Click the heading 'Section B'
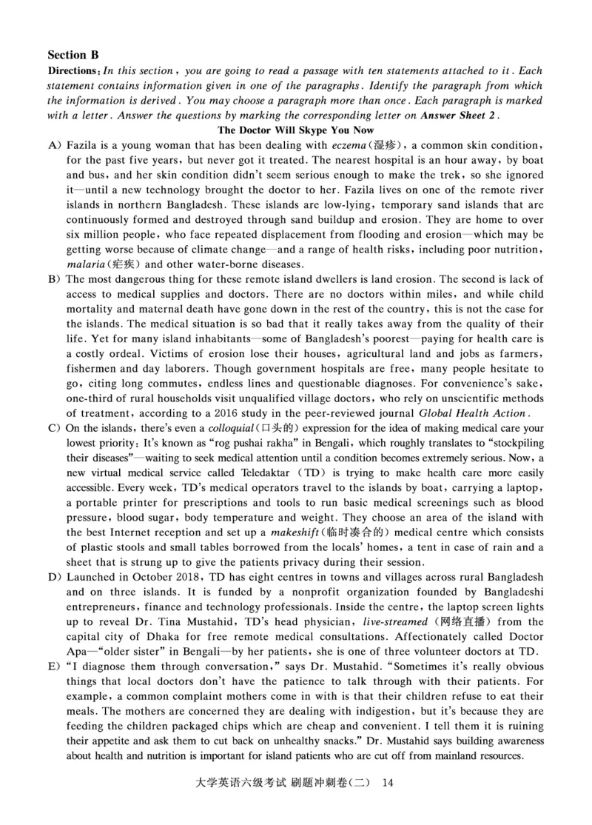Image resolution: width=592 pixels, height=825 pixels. click(x=73, y=55)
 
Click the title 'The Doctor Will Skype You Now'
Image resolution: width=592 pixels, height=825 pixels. click(x=296, y=130)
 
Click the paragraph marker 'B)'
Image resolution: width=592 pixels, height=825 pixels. click(x=54, y=279)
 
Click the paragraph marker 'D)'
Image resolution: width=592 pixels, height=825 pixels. click(x=54, y=577)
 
